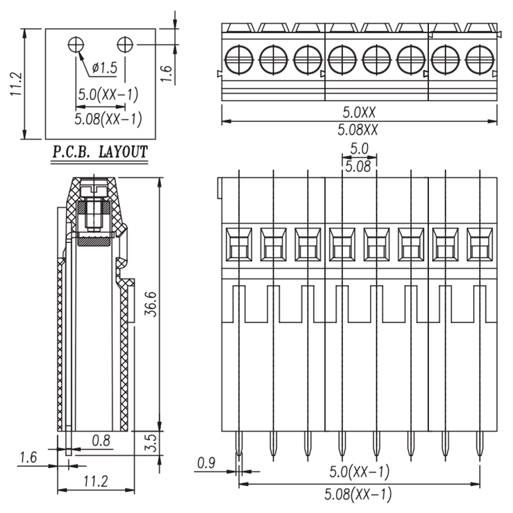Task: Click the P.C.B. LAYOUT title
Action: [100, 152]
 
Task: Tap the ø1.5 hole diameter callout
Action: [105, 68]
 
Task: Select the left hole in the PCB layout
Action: [76, 44]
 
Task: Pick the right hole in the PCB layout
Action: [125, 44]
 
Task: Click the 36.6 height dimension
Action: [151, 304]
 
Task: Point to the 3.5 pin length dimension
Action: [151, 443]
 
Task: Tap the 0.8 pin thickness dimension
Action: [101, 441]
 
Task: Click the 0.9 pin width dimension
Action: [206, 463]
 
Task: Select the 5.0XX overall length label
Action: [359, 113]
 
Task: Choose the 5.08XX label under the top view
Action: [358, 130]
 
